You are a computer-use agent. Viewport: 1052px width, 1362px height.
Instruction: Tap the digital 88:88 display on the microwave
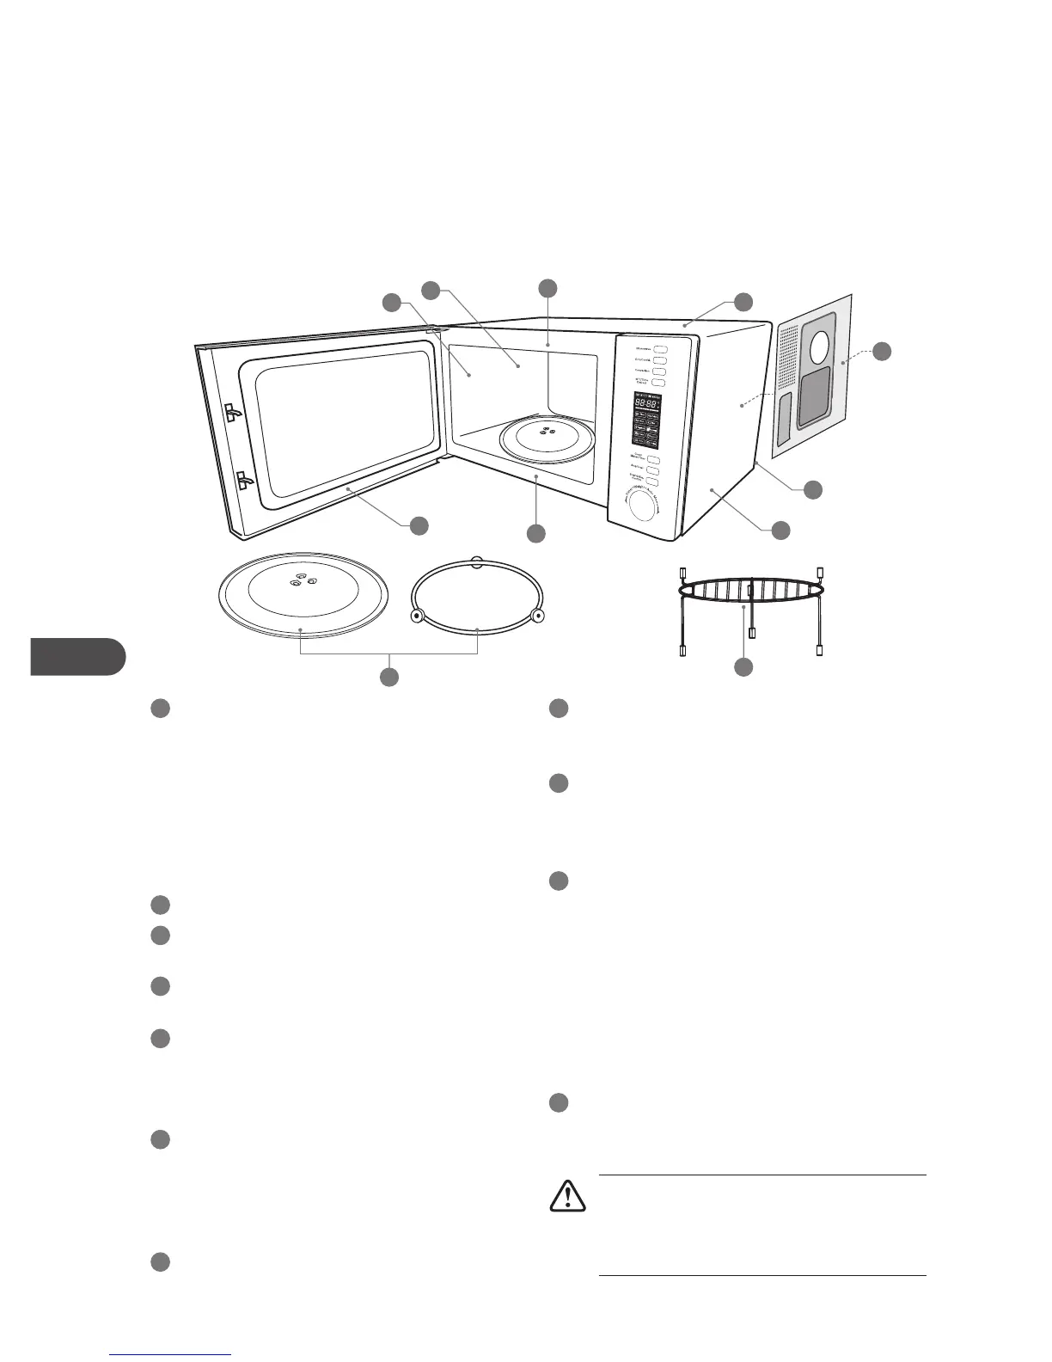click(647, 403)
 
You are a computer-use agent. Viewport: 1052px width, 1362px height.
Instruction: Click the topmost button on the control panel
click(660, 349)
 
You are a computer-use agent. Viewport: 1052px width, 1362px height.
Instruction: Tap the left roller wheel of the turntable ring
click(417, 616)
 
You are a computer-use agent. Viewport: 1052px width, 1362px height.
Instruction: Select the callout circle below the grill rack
click(743, 667)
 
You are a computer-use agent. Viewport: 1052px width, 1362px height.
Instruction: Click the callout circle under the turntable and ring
click(389, 677)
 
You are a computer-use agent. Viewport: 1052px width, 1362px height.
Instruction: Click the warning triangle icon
click(567, 1196)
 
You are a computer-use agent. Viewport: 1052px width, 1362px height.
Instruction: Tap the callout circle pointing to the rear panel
click(882, 351)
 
